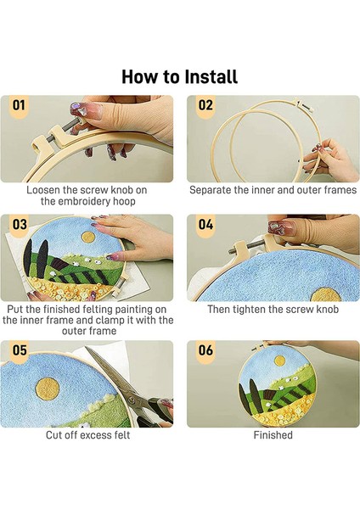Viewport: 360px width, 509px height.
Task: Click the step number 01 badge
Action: coord(19,105)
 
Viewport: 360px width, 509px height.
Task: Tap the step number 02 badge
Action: coord(205,105)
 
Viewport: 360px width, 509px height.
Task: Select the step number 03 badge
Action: coord(20,225)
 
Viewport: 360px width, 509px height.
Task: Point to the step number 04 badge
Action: coord(205,225)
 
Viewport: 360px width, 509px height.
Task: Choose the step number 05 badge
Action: coord(20,350)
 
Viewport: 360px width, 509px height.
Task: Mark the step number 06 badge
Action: coord(205,350)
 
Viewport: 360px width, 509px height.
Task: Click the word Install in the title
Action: coord(211,77)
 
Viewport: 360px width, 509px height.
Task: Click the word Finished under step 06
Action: coord(273,435)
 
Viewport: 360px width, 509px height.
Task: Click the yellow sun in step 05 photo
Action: coord(48,389)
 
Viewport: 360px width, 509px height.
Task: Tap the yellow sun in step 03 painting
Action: coord(88,237)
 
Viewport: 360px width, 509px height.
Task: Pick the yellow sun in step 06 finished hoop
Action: coord(279,360)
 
